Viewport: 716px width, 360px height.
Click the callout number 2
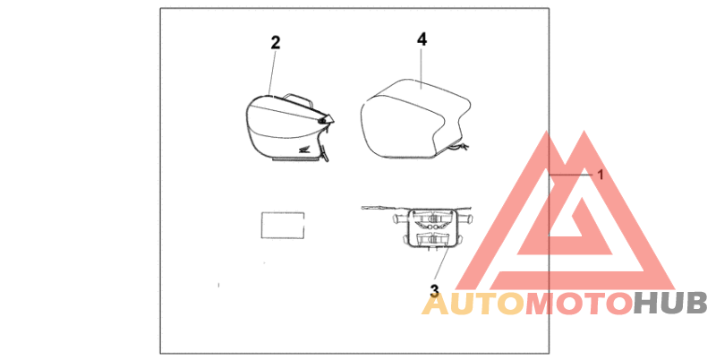click(276, 42)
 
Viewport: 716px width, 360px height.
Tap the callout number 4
click(422, 39)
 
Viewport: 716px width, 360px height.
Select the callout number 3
click(434, 290)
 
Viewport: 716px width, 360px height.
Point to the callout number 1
click(601, 175)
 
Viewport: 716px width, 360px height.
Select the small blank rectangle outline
click(281, 225)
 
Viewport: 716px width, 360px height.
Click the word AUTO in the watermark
click(473, 304)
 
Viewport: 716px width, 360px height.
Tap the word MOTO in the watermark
click(578, 304)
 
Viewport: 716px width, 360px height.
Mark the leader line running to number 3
click(439, 265)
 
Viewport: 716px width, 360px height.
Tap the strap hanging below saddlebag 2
click(326, 153)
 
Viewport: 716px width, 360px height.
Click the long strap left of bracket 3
click(379, 210)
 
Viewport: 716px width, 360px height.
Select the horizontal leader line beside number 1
click(572, 174)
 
